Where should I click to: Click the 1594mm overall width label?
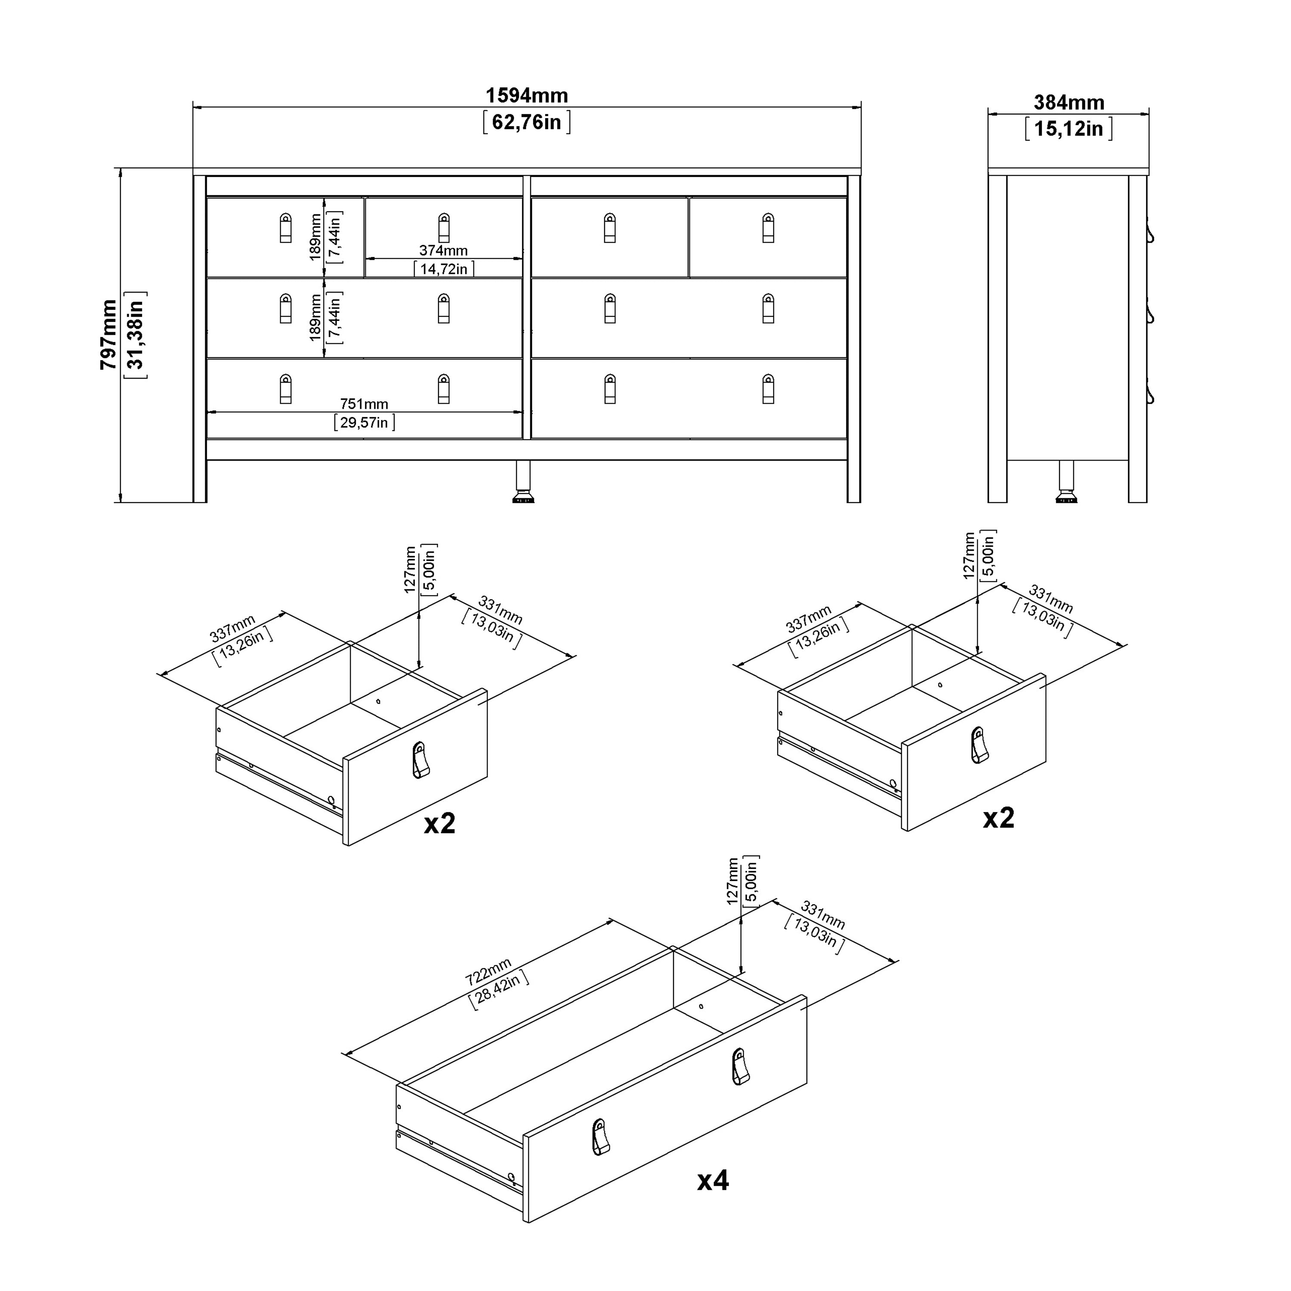pos(527,96)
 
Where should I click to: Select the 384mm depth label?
pos(1069,102)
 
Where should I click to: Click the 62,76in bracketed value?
pos(527,122)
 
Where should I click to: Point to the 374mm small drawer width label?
pos(443,250)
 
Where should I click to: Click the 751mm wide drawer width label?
pos(364,404)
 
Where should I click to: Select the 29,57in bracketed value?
pos(364,422)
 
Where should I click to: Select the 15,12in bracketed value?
pos(1069,128)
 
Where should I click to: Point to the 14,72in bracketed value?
pos(443,269)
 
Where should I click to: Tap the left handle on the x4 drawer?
pos(600,1137)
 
